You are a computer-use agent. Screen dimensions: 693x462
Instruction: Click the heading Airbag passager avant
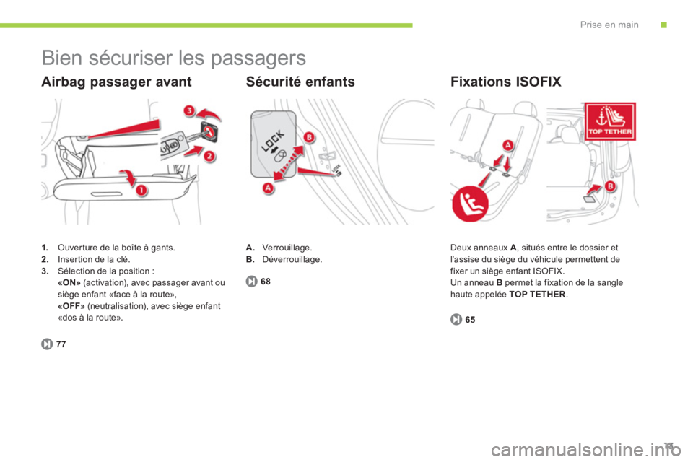click(116, 82)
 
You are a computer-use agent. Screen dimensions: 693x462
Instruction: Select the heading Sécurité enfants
click(300, 82)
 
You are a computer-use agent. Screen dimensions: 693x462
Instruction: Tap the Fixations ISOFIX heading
click(505, 82)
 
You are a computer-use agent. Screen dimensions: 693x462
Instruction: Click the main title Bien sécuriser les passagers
click(174, 58)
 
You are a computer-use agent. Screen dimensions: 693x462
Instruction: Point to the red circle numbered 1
click(141, 191)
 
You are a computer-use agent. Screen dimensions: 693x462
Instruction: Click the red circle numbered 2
click(209, 156)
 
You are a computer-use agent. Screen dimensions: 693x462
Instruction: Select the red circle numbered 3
click(189, 110)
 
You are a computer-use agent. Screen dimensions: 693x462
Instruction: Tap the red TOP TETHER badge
click(610, 121)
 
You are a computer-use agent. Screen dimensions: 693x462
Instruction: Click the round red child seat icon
click(470, 204)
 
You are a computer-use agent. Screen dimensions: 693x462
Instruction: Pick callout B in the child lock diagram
click(309, 137)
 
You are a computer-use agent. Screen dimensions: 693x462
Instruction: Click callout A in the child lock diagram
click(268, 188)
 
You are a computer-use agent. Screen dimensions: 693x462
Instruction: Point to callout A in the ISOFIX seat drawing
click(507, 145)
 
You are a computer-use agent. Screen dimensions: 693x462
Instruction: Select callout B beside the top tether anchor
click(610, 186)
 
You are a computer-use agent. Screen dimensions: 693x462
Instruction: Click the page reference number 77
click(61, 344)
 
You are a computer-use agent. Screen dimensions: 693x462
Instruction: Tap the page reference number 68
click(266, 282)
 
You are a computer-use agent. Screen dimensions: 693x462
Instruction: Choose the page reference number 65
click(470, 320)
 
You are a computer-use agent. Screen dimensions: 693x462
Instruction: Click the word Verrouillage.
click(287, 248)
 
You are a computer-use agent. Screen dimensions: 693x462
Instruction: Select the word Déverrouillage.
click(292, 260)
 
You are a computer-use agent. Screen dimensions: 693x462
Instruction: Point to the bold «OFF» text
click(71, 306)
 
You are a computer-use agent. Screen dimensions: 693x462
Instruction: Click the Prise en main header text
click(609, 25)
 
